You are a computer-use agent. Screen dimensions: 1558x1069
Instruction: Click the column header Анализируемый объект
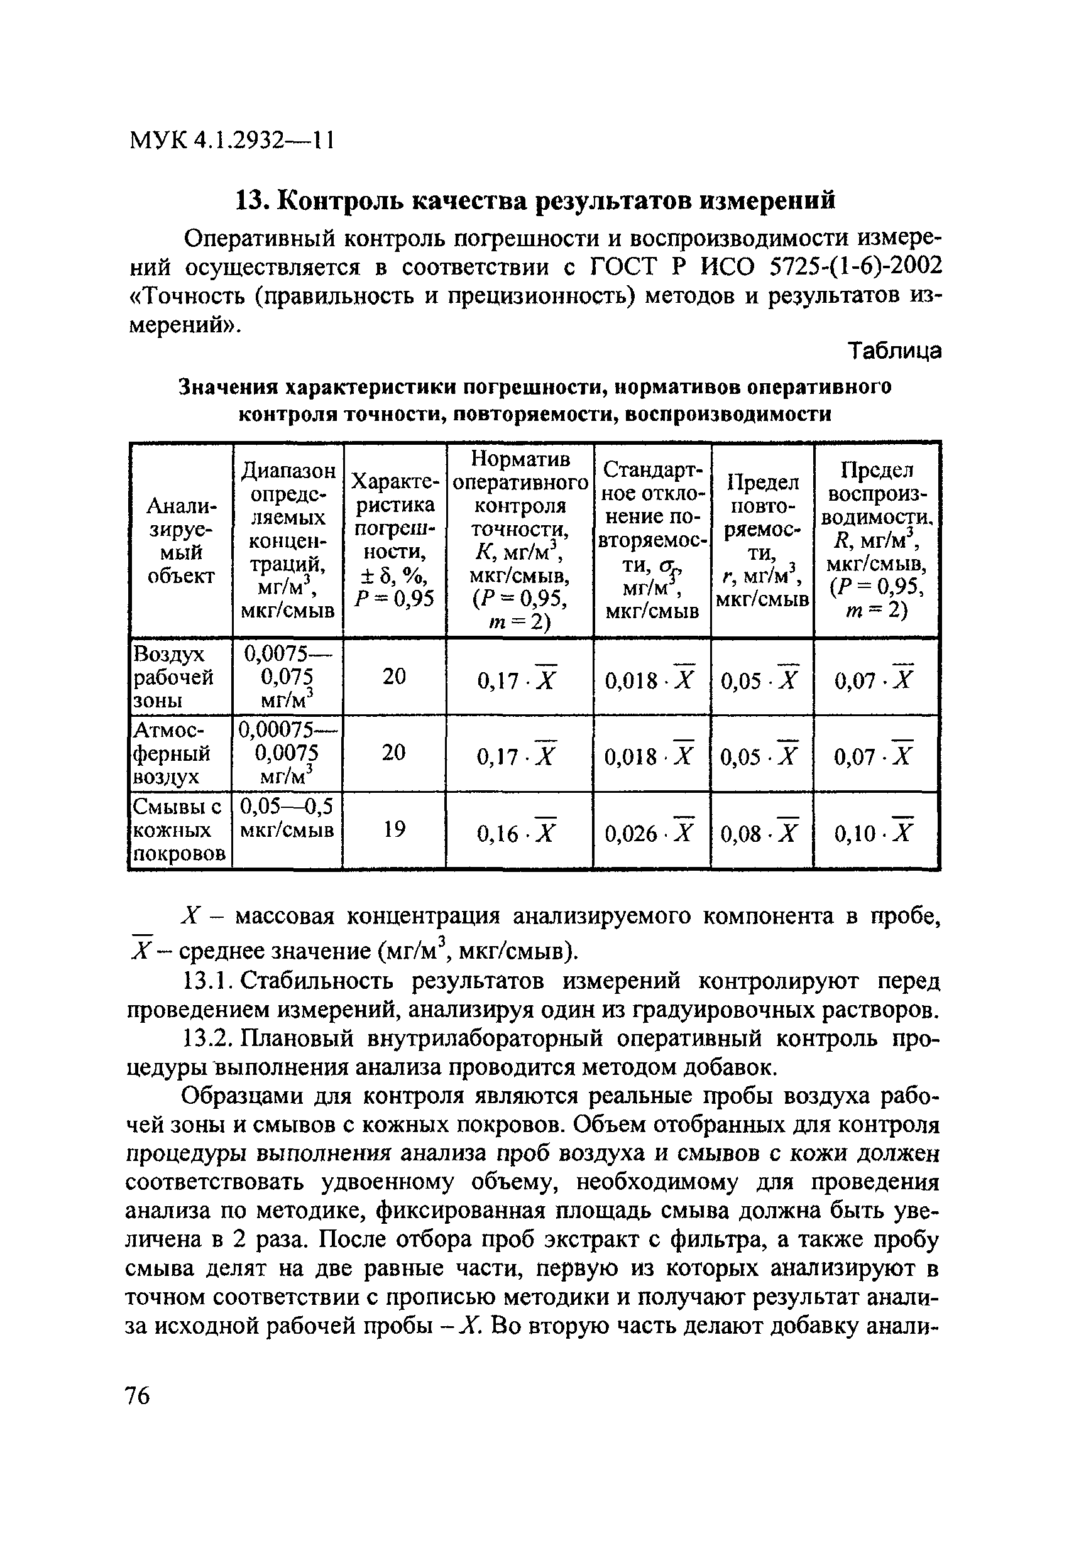point(180,540)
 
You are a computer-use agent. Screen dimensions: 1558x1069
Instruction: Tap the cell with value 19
point(394,830)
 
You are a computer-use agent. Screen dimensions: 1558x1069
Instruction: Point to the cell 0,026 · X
point(650,832)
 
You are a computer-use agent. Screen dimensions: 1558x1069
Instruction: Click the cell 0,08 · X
point(760,832)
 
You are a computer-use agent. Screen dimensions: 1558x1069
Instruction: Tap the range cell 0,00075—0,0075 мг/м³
point(287,753)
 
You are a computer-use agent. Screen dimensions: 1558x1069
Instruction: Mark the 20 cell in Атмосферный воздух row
point(394,753)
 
